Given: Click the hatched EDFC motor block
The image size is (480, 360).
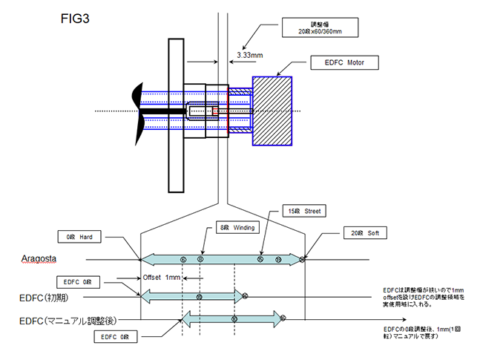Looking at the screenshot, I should [275, 110].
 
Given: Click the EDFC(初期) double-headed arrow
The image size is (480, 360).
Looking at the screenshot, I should [193, 297].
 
